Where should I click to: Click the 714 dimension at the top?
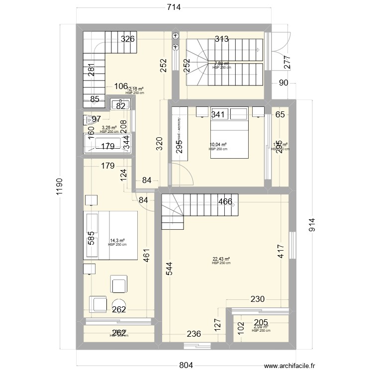pos(173,7)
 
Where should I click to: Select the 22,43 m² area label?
pos(221,259)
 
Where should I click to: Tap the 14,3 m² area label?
pos(117,241)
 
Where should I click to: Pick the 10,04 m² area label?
pos(218,145)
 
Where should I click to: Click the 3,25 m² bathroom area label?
pos(109,128)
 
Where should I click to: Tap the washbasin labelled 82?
pos(120,104)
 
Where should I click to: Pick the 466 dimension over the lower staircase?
pos(225,202)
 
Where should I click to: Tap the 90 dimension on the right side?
pos(283,83)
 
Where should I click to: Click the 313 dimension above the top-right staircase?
pos(222,39)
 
